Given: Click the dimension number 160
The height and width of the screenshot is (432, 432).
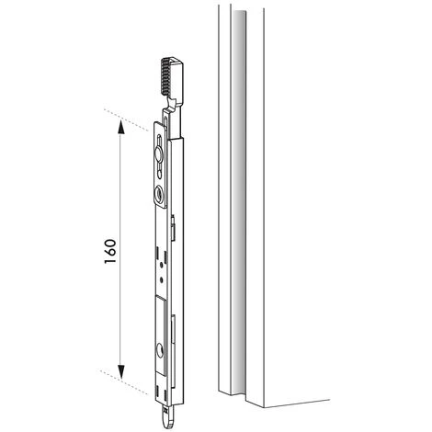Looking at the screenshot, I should [109, 252].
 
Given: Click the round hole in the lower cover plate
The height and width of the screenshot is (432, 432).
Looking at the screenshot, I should [159, 348].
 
